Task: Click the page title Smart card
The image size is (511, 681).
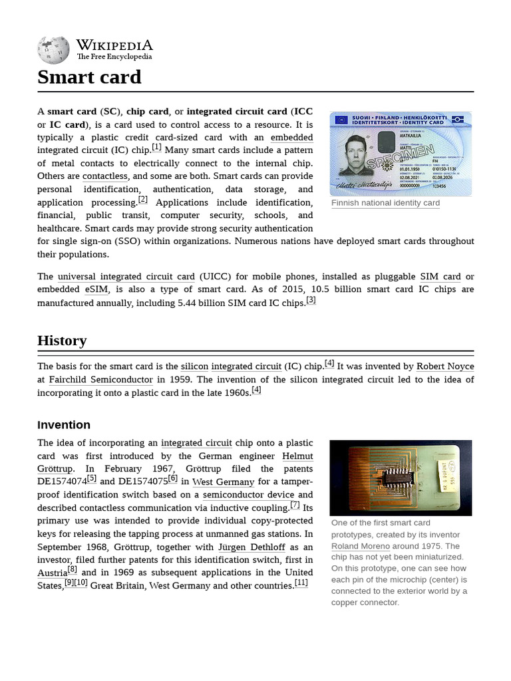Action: (x=89, y=77)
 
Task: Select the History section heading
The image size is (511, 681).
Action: (x=62, y=340)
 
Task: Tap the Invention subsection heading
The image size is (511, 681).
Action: (x=64, y=425)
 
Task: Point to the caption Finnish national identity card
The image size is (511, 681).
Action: (x=385, y=203)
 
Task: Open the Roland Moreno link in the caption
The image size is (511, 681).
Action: (x=360, y=546)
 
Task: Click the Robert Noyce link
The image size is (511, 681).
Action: (x=445, y=366)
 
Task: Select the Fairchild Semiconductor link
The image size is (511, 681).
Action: (x=100, y=380)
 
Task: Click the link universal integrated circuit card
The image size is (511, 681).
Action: (x=126, y=277)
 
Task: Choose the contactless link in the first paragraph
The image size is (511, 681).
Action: (x=104, y=176)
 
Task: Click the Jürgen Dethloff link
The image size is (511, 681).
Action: (x=252, y=547)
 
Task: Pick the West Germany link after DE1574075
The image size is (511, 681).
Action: (x=223, y=482)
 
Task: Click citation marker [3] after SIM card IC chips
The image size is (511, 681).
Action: (x=311, y=300)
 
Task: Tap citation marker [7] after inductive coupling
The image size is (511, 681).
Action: (x=295, y=505)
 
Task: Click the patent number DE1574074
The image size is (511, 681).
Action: (x=62, y=482)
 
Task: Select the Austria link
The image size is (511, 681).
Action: (x=52, y=573)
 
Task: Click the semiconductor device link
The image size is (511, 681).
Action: (x=248, y=495)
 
